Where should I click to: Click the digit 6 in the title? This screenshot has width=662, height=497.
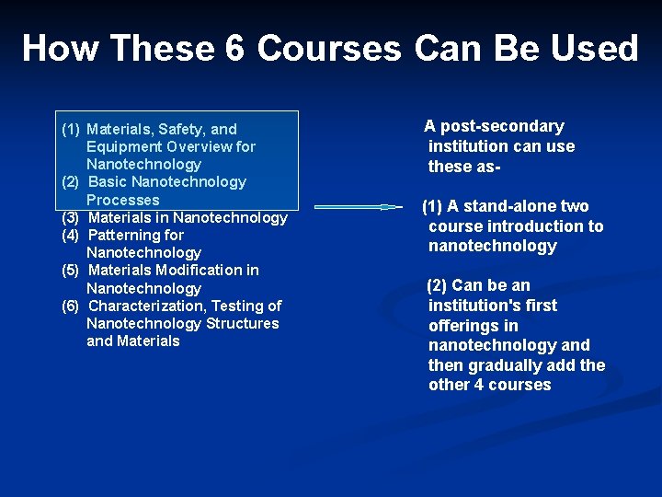pyautogui.click(x=234, y=48)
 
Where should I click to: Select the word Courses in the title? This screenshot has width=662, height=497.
pyautogui.click(x=328, y=48)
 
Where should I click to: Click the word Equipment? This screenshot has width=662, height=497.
pyautogui.click(x=124, y=146)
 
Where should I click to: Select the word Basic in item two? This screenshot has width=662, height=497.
pyautogui.click(x=108, y=181)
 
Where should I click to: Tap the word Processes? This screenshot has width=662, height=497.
pyautogui.click(x=122, y=200)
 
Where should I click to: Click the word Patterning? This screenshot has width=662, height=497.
pyautogui.click(x=125, y=235)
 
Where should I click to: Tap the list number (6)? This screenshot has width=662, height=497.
pyautogui.click(x=71, y=306)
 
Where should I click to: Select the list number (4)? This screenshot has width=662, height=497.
pyautogui.click(x=71, y=235)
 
